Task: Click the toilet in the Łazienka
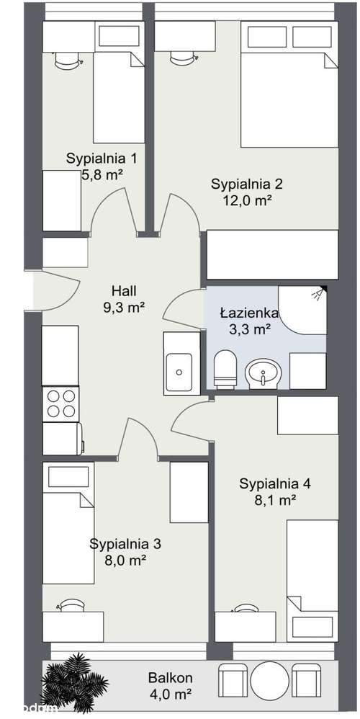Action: (x=225, y=368)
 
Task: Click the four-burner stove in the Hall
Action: (x=60, y=403)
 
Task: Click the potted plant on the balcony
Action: (x=74, y=681)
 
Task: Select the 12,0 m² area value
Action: (x=247, y=201)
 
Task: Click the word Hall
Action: (x=122, y=290)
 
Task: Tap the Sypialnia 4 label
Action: (x=275, y=483)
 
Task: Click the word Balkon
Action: (x=170, y=678)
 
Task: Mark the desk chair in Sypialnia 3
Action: (x=72, y=605)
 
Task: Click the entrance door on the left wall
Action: (x=43, y=292)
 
